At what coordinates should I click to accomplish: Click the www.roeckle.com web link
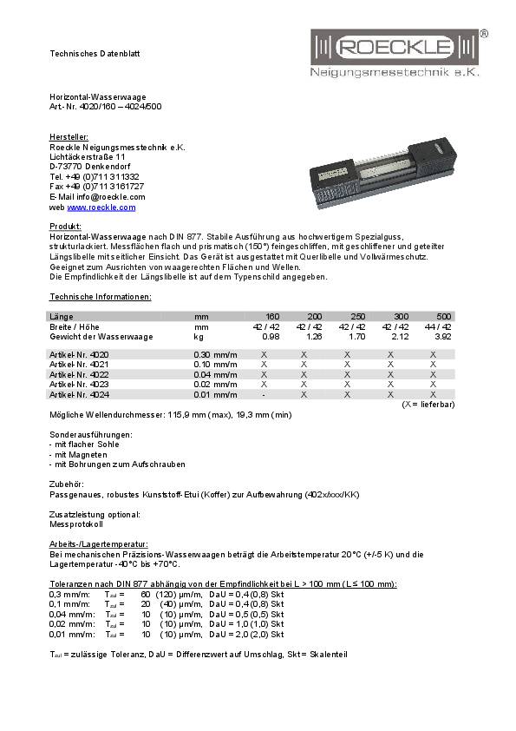coord(101,207)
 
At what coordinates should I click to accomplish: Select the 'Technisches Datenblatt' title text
coord(94,54)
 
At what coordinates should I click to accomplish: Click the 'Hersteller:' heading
coord(69,137)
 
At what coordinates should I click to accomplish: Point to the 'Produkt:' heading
coord(65,226)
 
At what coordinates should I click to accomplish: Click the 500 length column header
coord(444,317)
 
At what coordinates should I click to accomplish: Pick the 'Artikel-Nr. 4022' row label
coord(79,374)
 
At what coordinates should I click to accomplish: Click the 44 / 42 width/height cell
coord(439,326)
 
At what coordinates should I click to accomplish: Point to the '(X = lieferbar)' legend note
coord(428,404)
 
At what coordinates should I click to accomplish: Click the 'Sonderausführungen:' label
coord(90,433)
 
